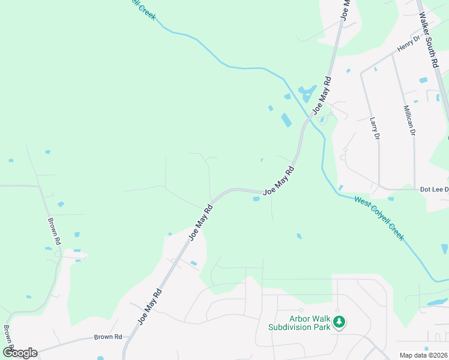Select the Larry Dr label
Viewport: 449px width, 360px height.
coord(375,128)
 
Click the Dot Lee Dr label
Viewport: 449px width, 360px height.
coord(433,189)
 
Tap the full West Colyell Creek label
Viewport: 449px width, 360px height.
coord(379,219)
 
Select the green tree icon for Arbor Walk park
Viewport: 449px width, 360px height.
coord(339,322)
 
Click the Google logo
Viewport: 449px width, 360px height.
coord(20,352)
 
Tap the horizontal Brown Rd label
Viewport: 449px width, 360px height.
coord(108,337)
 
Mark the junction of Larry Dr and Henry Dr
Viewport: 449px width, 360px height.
coord(361,73)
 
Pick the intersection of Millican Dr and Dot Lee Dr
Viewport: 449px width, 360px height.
coord(414,189)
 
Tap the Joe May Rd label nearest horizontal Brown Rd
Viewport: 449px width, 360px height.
coord(150,307)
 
